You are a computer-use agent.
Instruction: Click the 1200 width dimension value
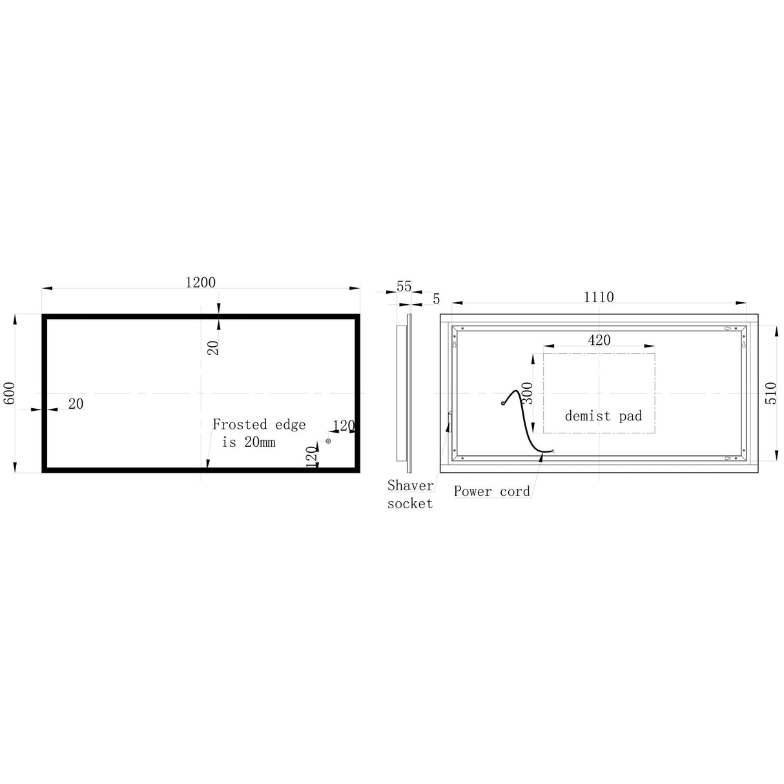click(200, 282)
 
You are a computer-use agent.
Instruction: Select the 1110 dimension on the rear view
click(599, 297)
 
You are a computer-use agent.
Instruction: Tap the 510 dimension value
click(770, 392)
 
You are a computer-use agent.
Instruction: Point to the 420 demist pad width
click(599, 340)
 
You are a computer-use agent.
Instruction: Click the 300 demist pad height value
click(528, 393)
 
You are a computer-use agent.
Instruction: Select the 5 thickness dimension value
click(436, 299)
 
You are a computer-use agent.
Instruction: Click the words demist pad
click(603, 416)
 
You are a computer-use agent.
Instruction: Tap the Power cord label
click(491, 491)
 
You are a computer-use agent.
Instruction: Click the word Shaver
click(410, 486)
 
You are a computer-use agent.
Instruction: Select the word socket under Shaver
click(409, 504)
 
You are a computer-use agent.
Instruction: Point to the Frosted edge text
click(258, 424)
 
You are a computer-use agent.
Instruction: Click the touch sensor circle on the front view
click(328, 441)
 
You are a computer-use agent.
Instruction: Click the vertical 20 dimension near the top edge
click(214, 347)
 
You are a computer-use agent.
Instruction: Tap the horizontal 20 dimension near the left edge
click(76, 404)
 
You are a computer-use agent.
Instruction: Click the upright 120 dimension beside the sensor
click(312, 457)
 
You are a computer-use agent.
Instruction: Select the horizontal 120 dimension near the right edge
click(344, 425)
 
